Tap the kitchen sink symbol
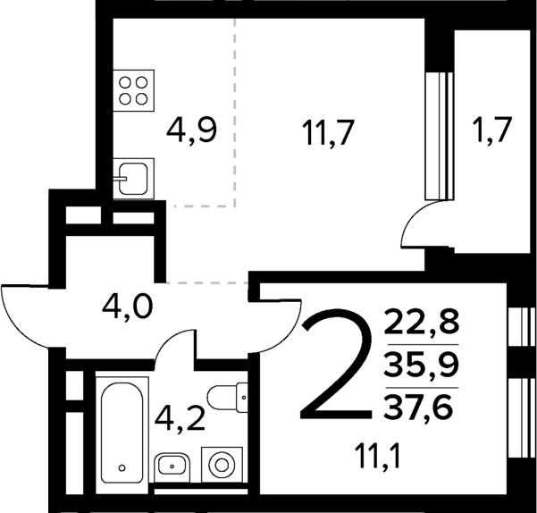point(135,177)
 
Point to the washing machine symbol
point(219,463)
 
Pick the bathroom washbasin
point(172,464)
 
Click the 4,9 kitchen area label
point(192,134)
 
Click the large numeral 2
point(336,366)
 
